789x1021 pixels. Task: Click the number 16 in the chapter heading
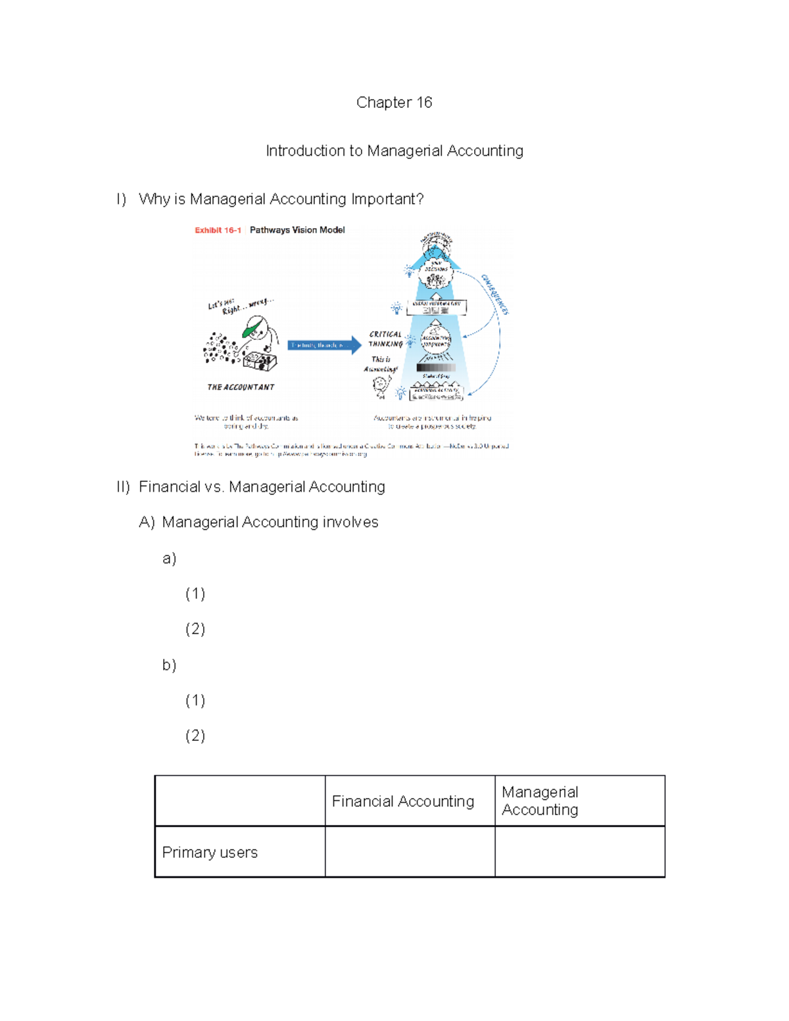[423, 103]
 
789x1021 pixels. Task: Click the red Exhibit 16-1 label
[218, 230]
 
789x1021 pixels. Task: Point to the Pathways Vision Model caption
[297, 230]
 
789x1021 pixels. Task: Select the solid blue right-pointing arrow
[325, 345]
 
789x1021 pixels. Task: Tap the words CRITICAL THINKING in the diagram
[385, 339]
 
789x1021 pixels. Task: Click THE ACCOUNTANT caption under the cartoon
[241, 387]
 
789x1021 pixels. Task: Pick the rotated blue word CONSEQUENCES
[495, 295]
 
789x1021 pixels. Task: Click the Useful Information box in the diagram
[436, 307]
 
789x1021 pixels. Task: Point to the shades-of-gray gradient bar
[435, 368]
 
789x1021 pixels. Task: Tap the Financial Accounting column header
[403, 801]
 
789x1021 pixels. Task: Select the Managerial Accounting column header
[540, 801]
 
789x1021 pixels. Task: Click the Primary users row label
[210, 853]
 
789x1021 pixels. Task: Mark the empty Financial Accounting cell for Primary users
[410, 852]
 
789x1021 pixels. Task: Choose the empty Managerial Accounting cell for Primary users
[579, 852]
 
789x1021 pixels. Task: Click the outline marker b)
[169, 665]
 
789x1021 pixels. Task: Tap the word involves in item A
[350, 523]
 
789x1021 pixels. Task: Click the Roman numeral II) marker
[123, 487]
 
